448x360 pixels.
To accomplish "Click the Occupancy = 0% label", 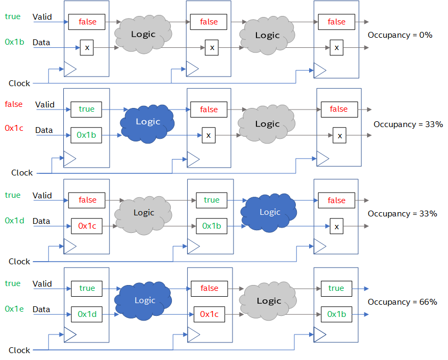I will click(400, 35).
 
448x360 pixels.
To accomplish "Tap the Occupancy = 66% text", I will click(402, 302).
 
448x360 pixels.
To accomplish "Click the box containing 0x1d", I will click(87, 314).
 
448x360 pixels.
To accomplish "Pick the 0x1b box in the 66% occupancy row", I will click(336, 314).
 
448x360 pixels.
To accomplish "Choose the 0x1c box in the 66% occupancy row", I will click(210, 314).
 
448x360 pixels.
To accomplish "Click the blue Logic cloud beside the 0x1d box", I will click(145, 300).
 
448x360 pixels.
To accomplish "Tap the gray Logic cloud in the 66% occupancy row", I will click(269, 301).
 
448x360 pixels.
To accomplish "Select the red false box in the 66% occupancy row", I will click(209, 288).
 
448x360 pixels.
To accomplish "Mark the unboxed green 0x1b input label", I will click(14, 41).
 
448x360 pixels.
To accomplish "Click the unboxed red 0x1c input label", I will click(14, 128).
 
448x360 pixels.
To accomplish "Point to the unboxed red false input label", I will click(14, 104).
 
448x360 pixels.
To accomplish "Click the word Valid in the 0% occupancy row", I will click(42, 17).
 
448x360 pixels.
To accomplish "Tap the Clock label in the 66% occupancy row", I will click(19, 350).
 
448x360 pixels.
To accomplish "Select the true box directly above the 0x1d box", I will click(87, 288).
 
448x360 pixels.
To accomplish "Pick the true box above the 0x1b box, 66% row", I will click(336, 288).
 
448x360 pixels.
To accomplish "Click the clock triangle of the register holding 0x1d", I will click(70, 334).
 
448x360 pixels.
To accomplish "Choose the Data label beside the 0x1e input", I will click(41, 309).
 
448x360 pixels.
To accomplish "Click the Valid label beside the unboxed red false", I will click(45, 105).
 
